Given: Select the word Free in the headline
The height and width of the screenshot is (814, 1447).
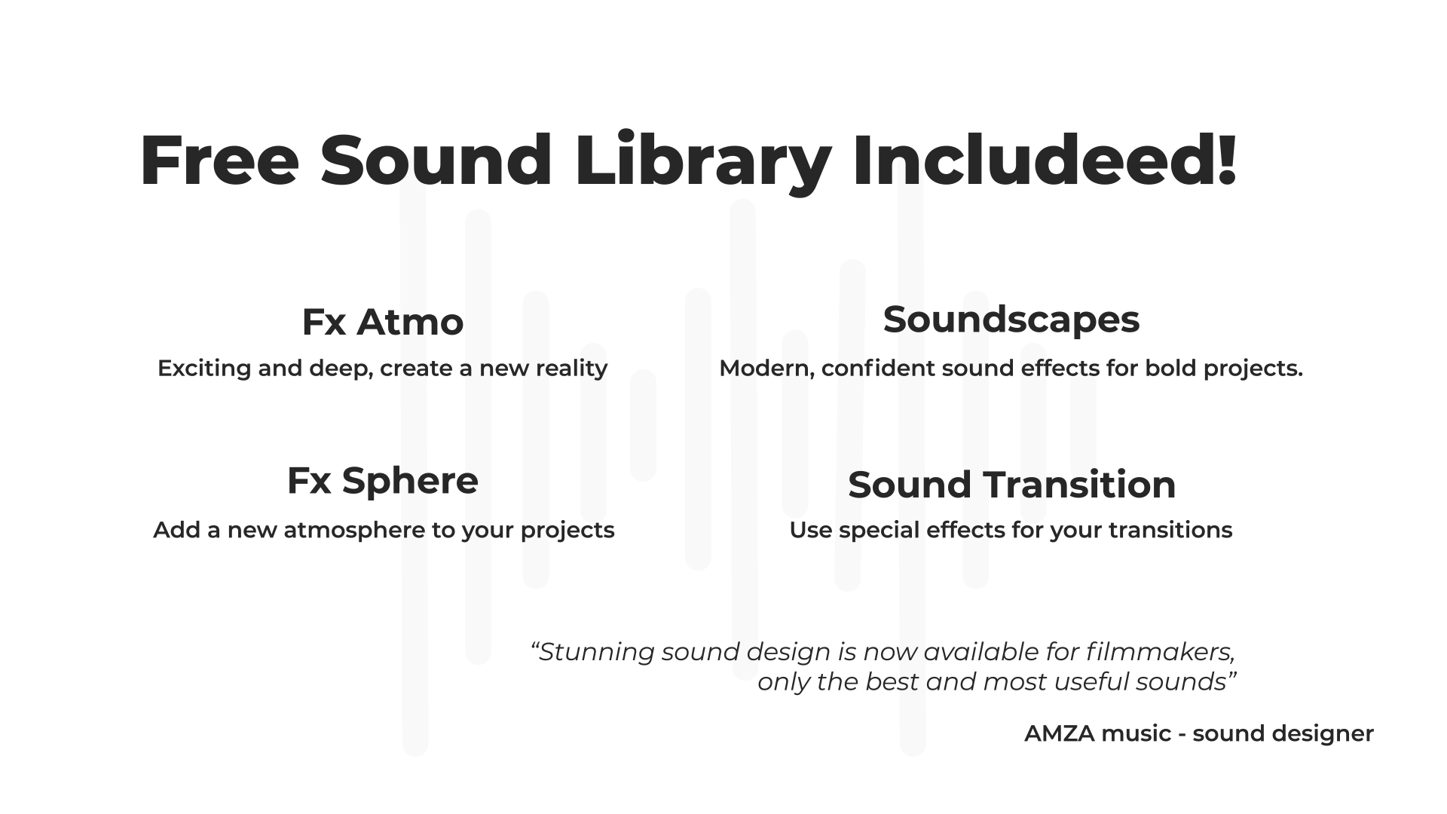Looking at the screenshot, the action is (219, 161).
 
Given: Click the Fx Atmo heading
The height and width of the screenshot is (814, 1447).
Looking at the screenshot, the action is (382, 322).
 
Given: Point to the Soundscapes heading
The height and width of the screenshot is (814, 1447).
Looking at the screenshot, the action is (1011, 320).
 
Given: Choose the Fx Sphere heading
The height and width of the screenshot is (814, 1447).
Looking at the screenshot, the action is (382, 482).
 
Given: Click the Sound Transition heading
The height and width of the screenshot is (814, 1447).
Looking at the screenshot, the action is (1011, 485).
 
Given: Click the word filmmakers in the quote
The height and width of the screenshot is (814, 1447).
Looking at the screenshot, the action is (1159, 651).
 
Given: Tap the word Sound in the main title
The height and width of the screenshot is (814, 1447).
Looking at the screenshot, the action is (436, 161).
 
